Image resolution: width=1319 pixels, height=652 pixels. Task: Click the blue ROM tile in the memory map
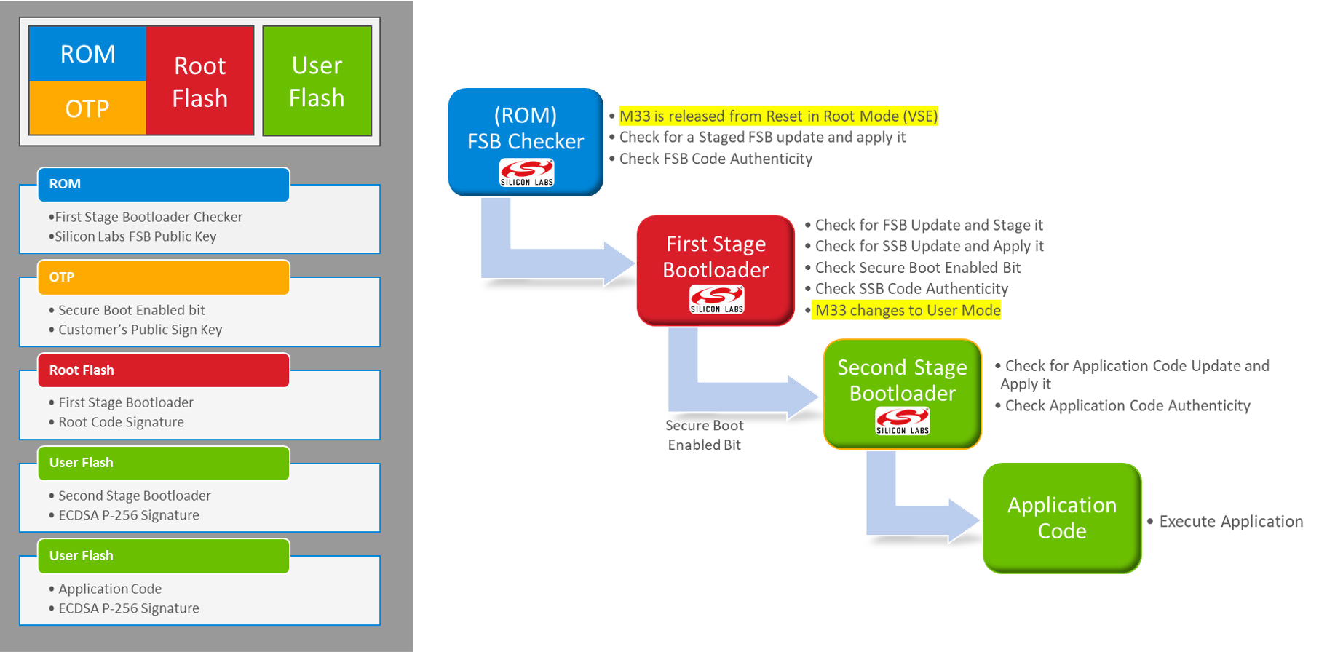pos(87,54)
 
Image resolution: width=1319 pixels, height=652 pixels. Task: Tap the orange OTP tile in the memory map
pos(87,108)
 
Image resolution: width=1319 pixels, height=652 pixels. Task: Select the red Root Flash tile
pos(200,81)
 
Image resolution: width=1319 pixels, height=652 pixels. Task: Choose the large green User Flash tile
pos(317,81)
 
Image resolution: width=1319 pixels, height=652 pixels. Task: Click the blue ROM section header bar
pos(164,184)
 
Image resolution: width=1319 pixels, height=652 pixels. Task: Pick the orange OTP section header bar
pos(164,277)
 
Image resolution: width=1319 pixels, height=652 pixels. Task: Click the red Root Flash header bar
pos(164,370)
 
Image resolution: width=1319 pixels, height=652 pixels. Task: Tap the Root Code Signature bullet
pos(121,422)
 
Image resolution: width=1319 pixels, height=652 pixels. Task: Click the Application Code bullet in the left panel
pos(110,589)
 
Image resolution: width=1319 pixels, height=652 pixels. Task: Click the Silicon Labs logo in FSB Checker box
pos(526,172)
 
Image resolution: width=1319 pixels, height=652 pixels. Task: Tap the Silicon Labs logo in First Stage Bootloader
pos(716,299)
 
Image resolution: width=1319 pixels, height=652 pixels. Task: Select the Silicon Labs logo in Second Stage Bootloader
pos(902,421)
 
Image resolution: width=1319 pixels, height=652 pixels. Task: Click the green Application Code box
pos(1062,517)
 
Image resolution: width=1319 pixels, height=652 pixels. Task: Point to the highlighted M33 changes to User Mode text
pos(907,311)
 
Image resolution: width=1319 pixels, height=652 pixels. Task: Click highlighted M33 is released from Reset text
pos(777,116)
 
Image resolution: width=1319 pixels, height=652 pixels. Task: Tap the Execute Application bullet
pos(1230,522)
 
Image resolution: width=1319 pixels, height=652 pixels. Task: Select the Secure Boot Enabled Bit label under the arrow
pos(704,435)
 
